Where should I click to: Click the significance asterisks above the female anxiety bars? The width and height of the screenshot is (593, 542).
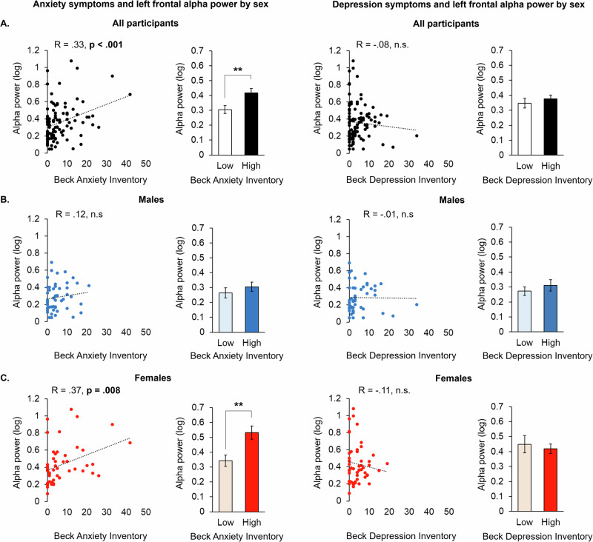pos(239,405)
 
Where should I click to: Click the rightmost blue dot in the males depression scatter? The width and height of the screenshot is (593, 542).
pos(417,304)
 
